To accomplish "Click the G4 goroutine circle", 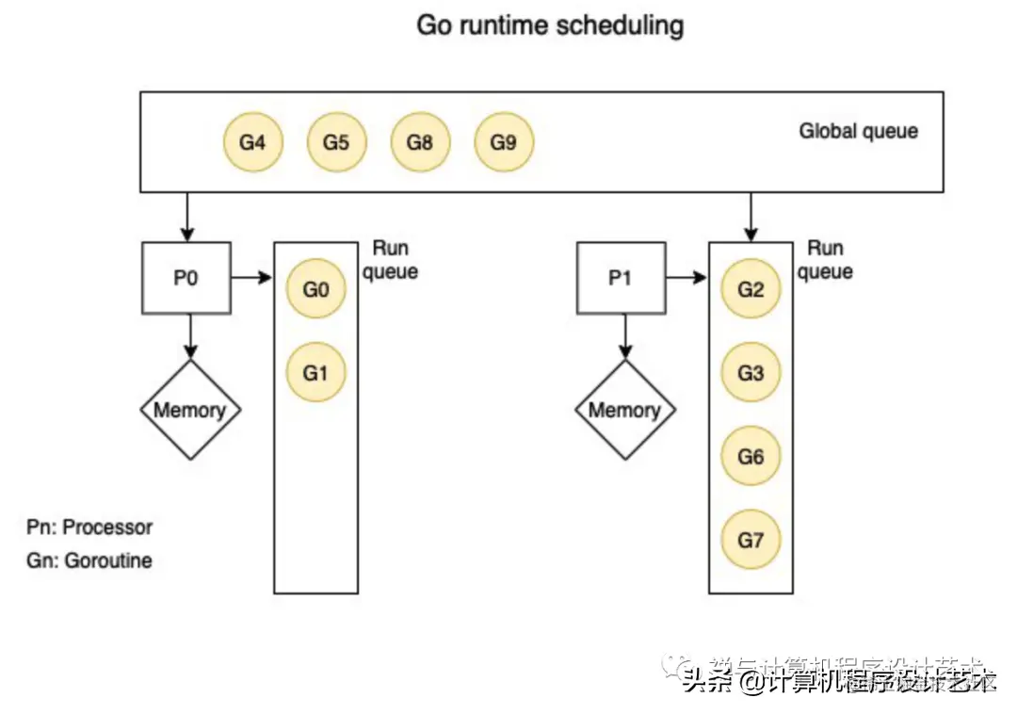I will [x=252, y=143].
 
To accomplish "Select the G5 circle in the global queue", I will [x=336, y=143].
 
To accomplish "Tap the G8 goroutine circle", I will [x=420, y=143].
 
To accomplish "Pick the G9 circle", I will [x=504, y=143].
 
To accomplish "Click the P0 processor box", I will [x=186, y=278].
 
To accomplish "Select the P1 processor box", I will [x=620, y=278].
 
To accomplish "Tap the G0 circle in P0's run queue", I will [x=316, y=289].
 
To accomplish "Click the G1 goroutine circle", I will [x=316, y=373].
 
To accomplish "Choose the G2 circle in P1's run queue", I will [x=751, y=289].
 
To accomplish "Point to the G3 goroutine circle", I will [x=751, y=373].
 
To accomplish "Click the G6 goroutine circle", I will [x=751, y=457].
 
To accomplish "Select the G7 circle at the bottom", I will [x=751, y=541].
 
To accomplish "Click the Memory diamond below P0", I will [x=190, y=410].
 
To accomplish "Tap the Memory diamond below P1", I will [x=624, y=410].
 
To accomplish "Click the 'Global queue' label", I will [x=858, y=131].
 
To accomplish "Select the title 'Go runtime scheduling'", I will [x=550, y=25].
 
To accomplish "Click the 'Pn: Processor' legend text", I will [x=89, y=527].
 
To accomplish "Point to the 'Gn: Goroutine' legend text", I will [x=89, y=560].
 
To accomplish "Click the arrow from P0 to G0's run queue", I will [x=251, y=278].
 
